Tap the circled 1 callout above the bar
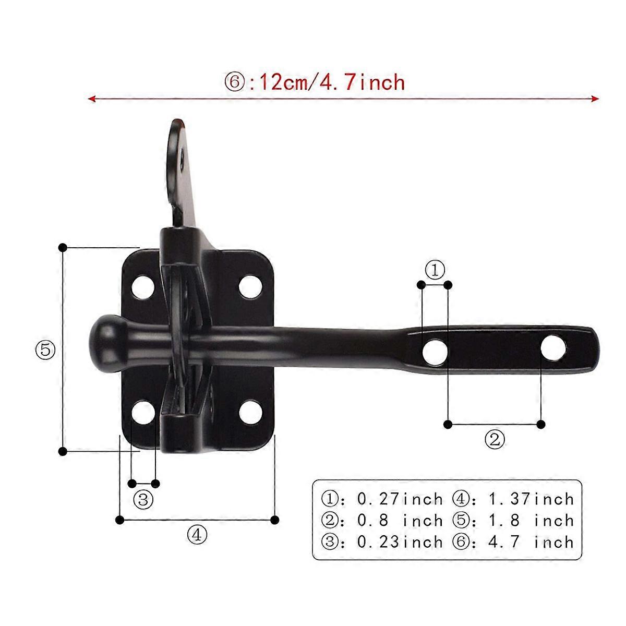coord(434,270)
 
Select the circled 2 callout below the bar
coord(495,439)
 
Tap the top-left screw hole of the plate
coord(142,286)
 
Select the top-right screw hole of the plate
coord(251,286)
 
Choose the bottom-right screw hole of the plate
coord(251,413)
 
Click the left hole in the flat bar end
coord(435,352)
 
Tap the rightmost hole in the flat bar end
coord(553,348)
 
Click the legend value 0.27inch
coord(400,499)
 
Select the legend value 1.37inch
coord(531,499)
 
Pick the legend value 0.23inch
coord(400,541)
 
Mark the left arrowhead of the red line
coord(92,98)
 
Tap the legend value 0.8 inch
coord(400,520)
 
